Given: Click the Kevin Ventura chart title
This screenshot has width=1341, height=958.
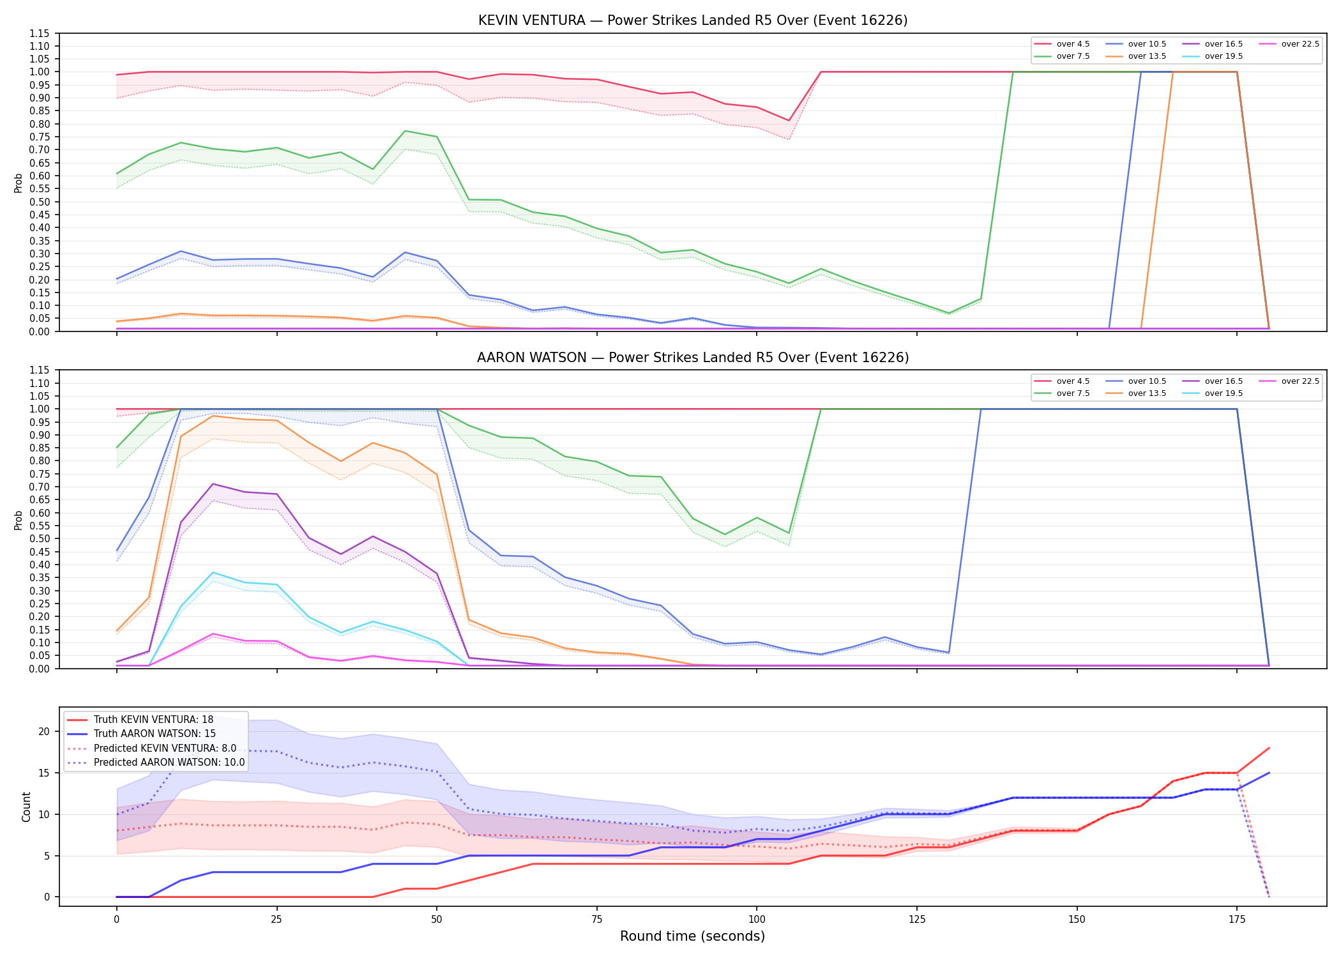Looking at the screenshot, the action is (x=693, y=20).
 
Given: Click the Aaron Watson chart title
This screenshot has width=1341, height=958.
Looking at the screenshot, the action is (x=693, y=358).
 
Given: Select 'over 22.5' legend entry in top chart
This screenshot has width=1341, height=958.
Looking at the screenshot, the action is (x=1289, y=44).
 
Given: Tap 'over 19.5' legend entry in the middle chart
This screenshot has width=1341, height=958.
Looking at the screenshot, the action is (x=1213, y=393).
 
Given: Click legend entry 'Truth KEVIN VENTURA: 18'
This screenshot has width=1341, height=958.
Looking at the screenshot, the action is (x=140, y=720).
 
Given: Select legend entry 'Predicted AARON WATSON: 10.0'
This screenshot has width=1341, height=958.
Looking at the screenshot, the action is (x=156, y=763).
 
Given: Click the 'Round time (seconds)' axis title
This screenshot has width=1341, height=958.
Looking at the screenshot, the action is (x=693, y=936).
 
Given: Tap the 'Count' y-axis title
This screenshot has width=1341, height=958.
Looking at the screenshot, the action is (x=26, y=807).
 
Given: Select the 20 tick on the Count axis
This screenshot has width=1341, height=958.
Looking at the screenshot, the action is (x=44, y=732).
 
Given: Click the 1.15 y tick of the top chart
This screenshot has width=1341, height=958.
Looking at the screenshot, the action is (x=39, y=33).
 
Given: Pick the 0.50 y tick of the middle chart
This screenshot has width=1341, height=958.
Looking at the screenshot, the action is (x=39, y=538).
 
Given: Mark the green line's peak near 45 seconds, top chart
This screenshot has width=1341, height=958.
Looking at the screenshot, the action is (x=405, y=131).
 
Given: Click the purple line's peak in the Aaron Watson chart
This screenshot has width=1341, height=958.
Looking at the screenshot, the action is (x=213, y=484).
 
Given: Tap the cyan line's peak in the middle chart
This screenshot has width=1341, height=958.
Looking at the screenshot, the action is (x=213, y=572).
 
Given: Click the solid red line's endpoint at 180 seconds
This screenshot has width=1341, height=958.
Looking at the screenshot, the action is (x=1269, y=748).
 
